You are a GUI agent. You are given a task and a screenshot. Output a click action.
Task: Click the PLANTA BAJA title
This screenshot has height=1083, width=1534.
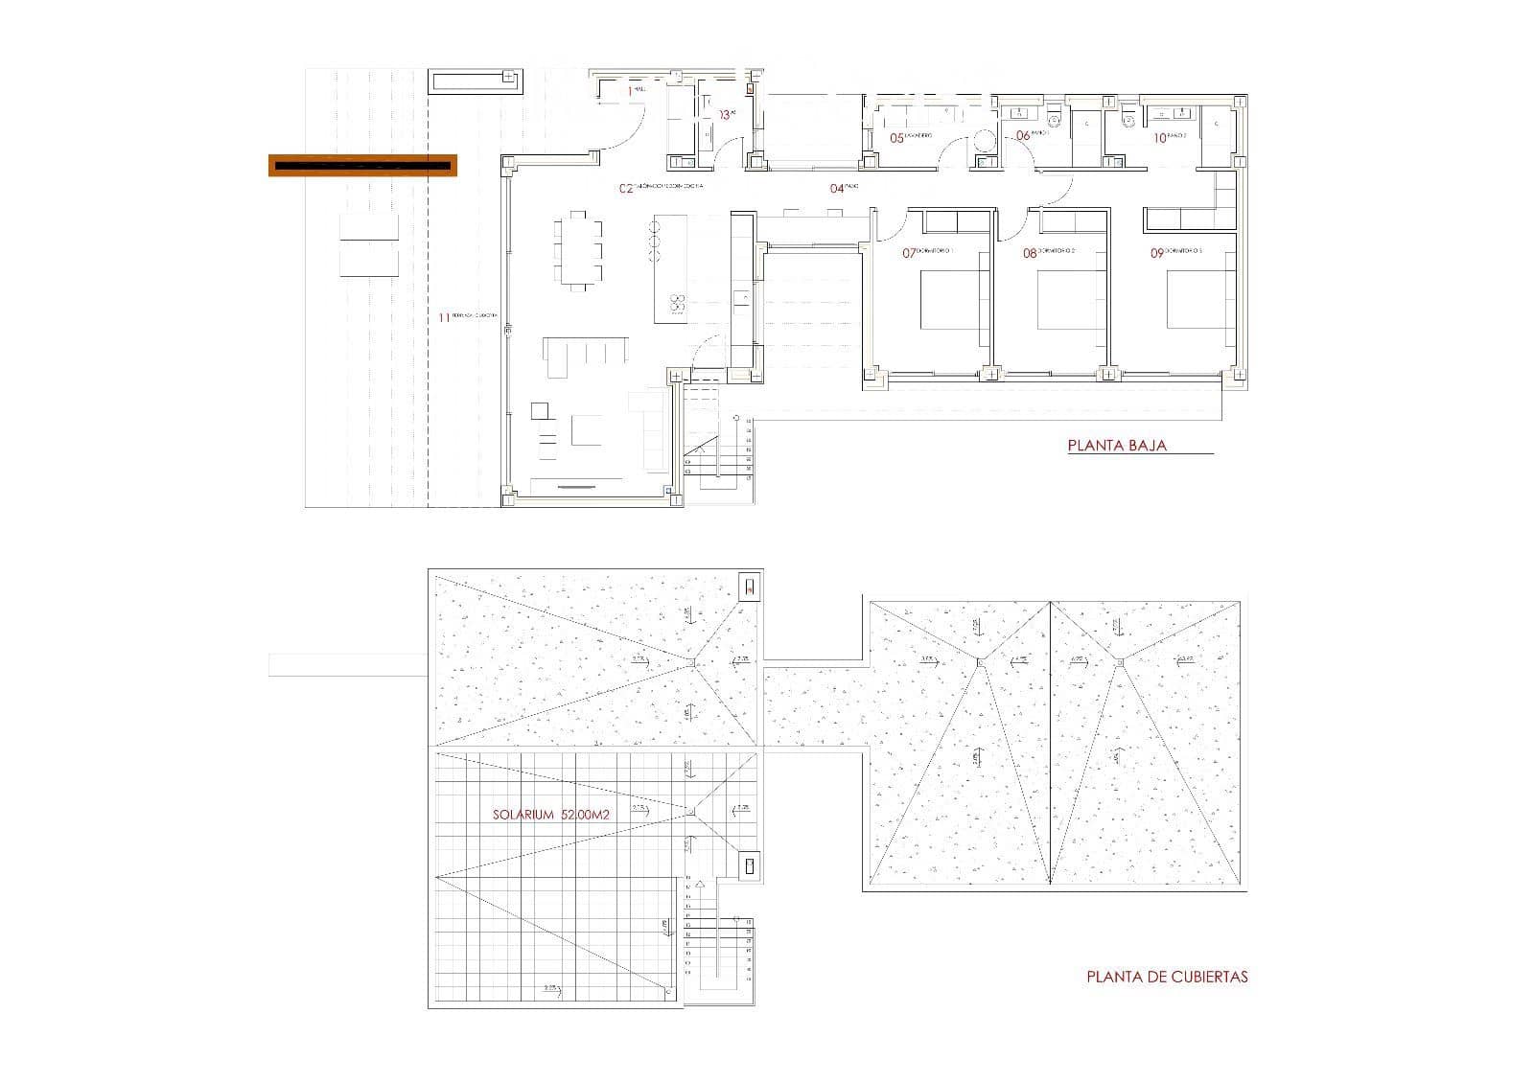tap(1117, 446)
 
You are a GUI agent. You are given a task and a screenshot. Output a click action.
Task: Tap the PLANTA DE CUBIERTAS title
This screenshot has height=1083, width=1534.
tap(1167, 977)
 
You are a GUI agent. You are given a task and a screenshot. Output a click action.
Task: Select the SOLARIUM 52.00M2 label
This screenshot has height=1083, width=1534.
tap(550, 815)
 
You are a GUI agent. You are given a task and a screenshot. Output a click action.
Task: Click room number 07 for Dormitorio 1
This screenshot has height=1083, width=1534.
tap(909, 254)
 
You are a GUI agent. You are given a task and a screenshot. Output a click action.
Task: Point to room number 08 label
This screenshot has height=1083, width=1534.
tap(1030, 254)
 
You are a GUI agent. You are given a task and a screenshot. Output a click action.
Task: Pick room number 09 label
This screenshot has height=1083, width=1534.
tap(1156, 254)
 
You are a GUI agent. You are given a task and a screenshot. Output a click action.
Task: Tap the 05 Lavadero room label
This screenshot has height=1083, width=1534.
tap(897, 138)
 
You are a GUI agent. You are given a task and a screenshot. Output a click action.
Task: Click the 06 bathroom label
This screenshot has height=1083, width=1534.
tap(1022, 136)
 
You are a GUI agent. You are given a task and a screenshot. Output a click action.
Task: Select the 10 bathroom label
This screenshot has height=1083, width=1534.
tap(1159, 138)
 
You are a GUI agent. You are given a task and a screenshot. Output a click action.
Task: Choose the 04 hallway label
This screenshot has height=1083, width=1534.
tap(837, 189)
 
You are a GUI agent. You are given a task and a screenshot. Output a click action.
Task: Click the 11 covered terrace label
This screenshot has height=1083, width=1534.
tap(444, 317)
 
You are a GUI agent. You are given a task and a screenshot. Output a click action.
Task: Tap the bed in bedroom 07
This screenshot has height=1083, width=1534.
tap(955, 301)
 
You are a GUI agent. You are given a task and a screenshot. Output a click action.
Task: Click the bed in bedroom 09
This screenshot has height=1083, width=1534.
tap(1199, 301)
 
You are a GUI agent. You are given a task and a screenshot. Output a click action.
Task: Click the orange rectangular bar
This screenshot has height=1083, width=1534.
tap(361, 165)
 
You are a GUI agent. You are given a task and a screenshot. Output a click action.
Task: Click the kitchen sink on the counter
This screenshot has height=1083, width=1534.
tap(741, 300)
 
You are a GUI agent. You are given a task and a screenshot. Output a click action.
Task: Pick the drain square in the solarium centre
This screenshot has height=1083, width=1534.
tap(690, 812)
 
